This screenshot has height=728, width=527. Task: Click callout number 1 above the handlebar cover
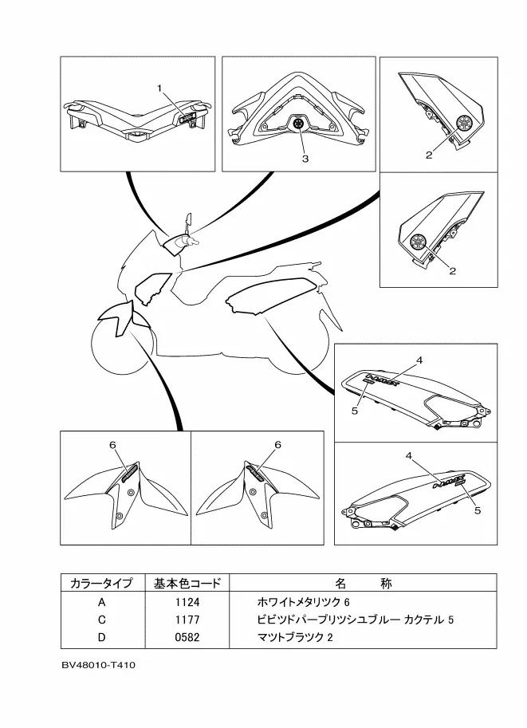pyautogui.click(x=159, y=87)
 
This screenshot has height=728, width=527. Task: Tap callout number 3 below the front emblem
pyautogui.click(x=305, y=159)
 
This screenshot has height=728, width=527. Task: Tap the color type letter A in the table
pyautogui.click(x=101, y=601)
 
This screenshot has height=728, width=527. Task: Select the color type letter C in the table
pyautogui.click(x=101, y=620)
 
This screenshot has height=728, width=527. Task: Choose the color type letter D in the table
pyautogui.click(x=101, y=638)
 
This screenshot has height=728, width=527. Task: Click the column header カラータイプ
pyautogui.click(x=101, y=583)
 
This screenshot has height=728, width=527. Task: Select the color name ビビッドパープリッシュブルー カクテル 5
pyautogui.click(x=356, y=620)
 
